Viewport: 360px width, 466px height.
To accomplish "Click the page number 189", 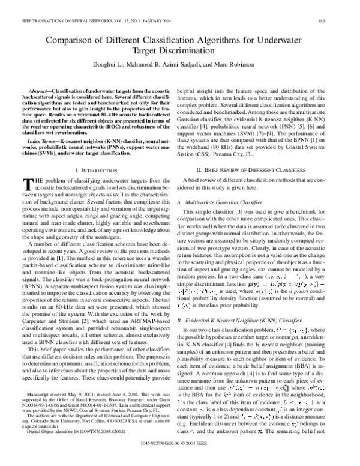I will (x=341, y=11).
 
